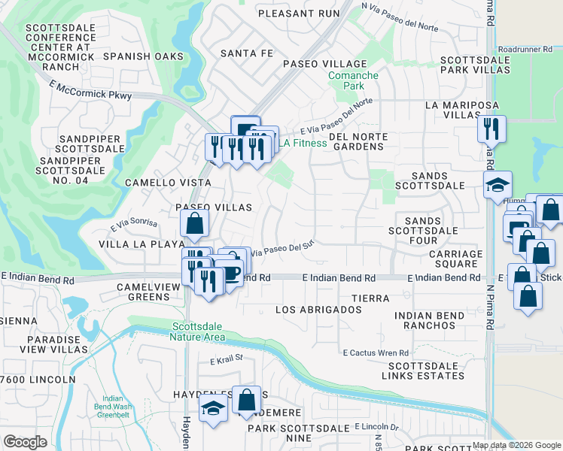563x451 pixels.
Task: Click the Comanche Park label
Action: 343,81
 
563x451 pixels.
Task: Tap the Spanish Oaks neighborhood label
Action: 143,56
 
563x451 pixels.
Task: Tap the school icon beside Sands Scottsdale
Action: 498,185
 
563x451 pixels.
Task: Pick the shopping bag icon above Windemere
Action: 246,400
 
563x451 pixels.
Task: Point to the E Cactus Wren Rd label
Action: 376,353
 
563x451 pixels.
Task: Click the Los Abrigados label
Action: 318,310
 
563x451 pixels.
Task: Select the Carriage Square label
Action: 453,259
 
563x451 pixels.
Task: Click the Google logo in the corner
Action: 25,442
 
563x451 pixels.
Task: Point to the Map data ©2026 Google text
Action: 516,445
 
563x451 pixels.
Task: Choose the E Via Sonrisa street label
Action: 134,224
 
